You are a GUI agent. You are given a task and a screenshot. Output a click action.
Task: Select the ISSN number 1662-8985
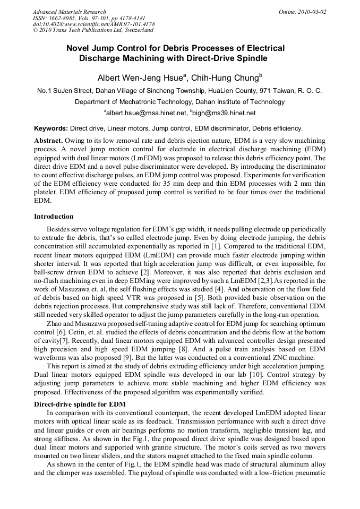tap(65, 18)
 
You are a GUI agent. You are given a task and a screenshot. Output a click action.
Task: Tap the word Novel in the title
tap(78, 48)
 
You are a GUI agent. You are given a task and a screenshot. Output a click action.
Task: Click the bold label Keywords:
tap(51, 128)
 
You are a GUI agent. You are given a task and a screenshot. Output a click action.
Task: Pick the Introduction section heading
tap(54, 217)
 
